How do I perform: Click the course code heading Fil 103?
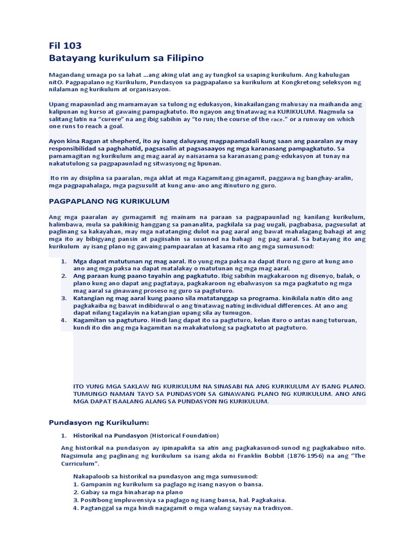[x=65, y=45]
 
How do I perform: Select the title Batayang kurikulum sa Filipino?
[x=126, y=57]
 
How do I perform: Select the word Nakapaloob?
[x=93, y=476]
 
